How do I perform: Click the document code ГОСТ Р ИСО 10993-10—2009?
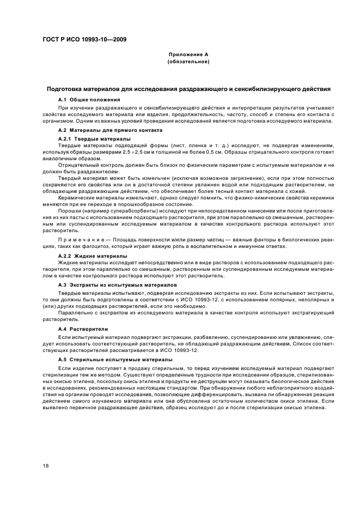pos(82,38)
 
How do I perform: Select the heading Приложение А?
pos(188,55)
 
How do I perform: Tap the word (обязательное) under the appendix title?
pos(188,62)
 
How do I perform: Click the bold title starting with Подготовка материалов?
pos(188,88)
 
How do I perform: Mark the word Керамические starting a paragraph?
pos(76,198)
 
